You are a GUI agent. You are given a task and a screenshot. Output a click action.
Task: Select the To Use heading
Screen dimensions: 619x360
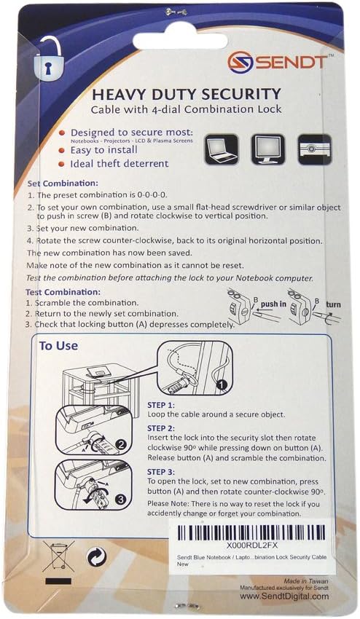[58, 346]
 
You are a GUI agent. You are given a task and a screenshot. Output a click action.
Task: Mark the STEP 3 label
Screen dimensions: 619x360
[162, 472]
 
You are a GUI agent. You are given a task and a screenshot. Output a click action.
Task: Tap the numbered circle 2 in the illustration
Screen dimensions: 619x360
[123, 443]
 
